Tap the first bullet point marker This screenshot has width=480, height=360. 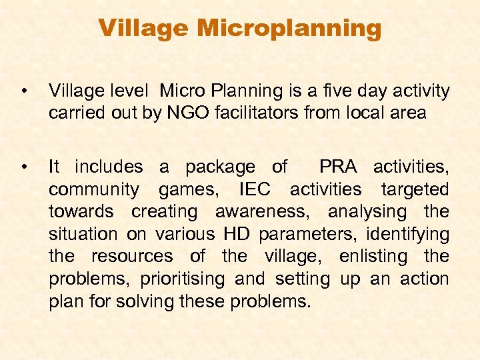[x=24, y=91]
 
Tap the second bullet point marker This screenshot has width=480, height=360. [x=24, y=166]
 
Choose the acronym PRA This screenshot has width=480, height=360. [x=339, y=166]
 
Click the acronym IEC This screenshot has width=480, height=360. [x=254, y=189]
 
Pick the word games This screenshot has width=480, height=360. [x=188, y=189]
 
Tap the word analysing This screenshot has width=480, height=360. [x=367, y=211]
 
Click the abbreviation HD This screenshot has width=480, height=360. [x=238, y=234]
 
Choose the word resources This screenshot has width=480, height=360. [x=132, y=257]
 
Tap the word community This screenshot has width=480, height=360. [x=94, y=189]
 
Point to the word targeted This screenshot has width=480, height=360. [x=415, y=189]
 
